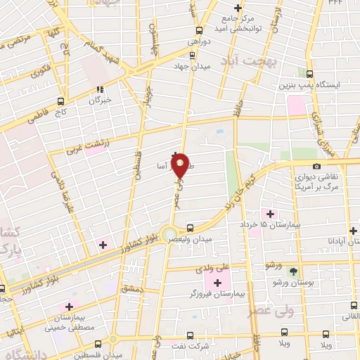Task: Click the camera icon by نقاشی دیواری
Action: (316, 167)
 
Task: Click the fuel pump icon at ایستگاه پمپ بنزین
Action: (310, 73)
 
